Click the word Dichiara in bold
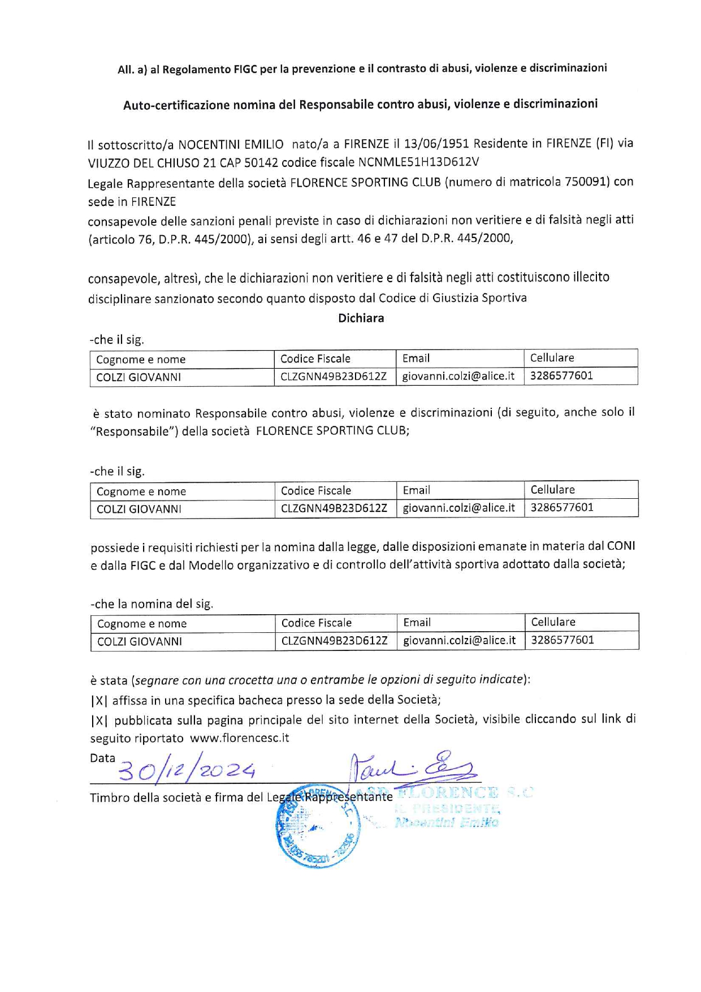(x=361, y=318)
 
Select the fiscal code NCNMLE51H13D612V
(x=418, y=162)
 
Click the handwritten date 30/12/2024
(x=187, y=769)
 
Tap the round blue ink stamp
(x=317, y=826)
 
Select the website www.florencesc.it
(x=239, y=738)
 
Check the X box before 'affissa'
(x=99, y=700)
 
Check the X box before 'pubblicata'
(x=99, y=720)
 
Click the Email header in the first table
(x=416, y=358)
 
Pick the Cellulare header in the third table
(x=553, y=622)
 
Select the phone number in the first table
(x=561, y=376)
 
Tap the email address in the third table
(x=460, y=640)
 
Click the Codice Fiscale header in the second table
(x=316, y=490)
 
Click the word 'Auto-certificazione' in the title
(x=176, y=105)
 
